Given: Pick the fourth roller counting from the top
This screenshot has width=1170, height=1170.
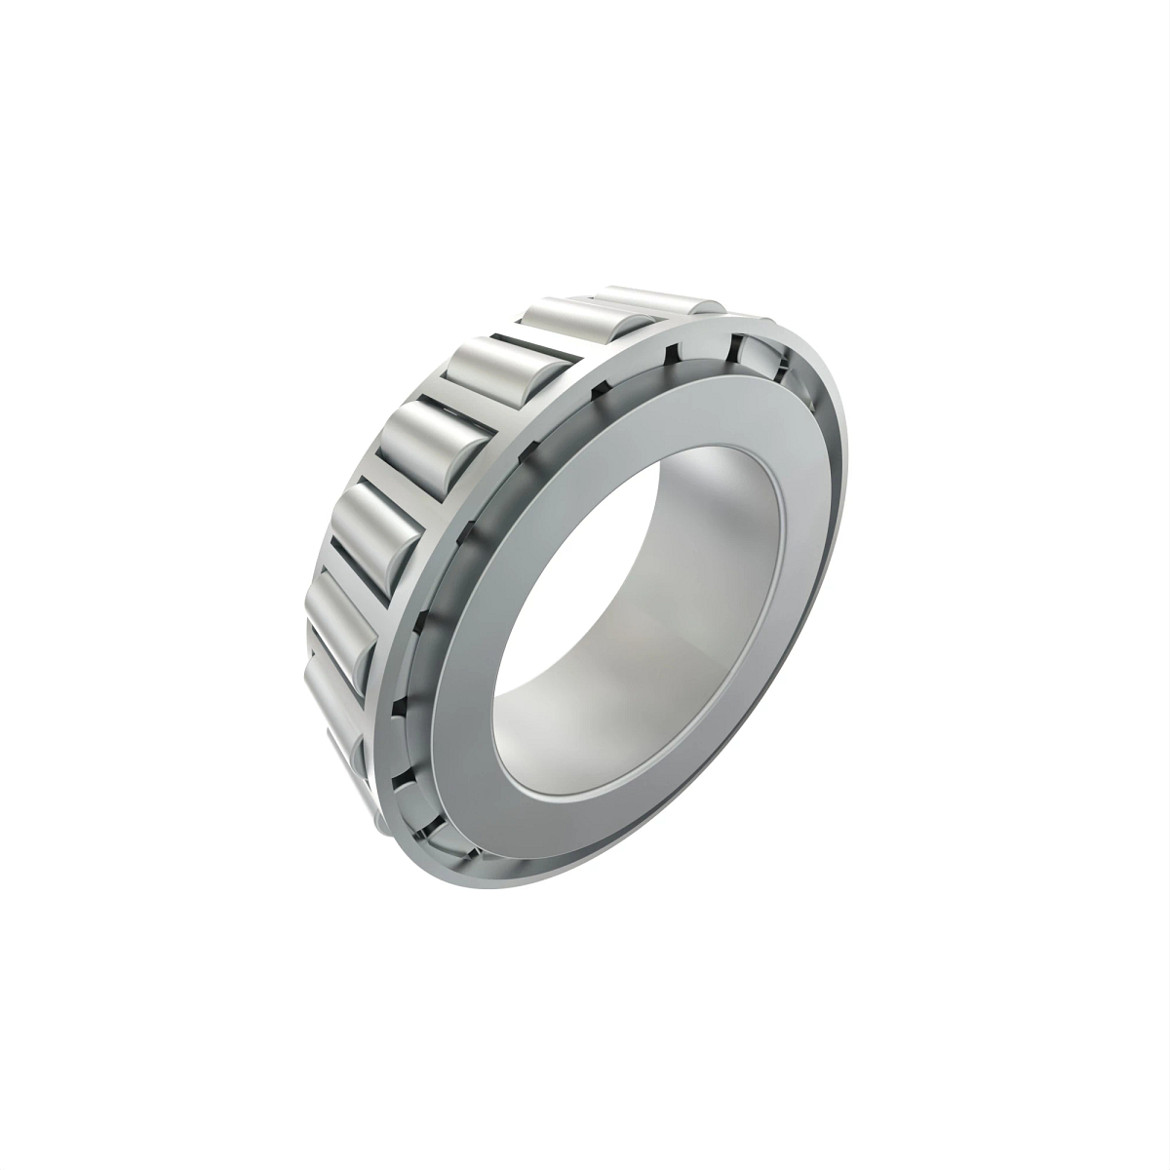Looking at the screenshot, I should coord(436,430).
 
